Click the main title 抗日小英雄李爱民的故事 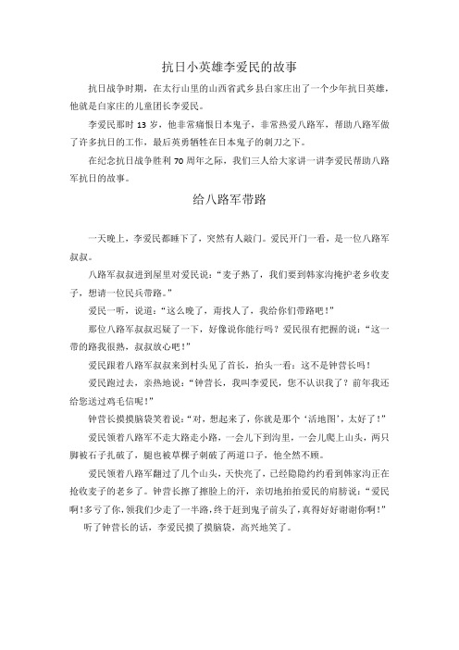pos(229,67)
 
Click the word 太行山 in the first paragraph pos(186,88)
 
